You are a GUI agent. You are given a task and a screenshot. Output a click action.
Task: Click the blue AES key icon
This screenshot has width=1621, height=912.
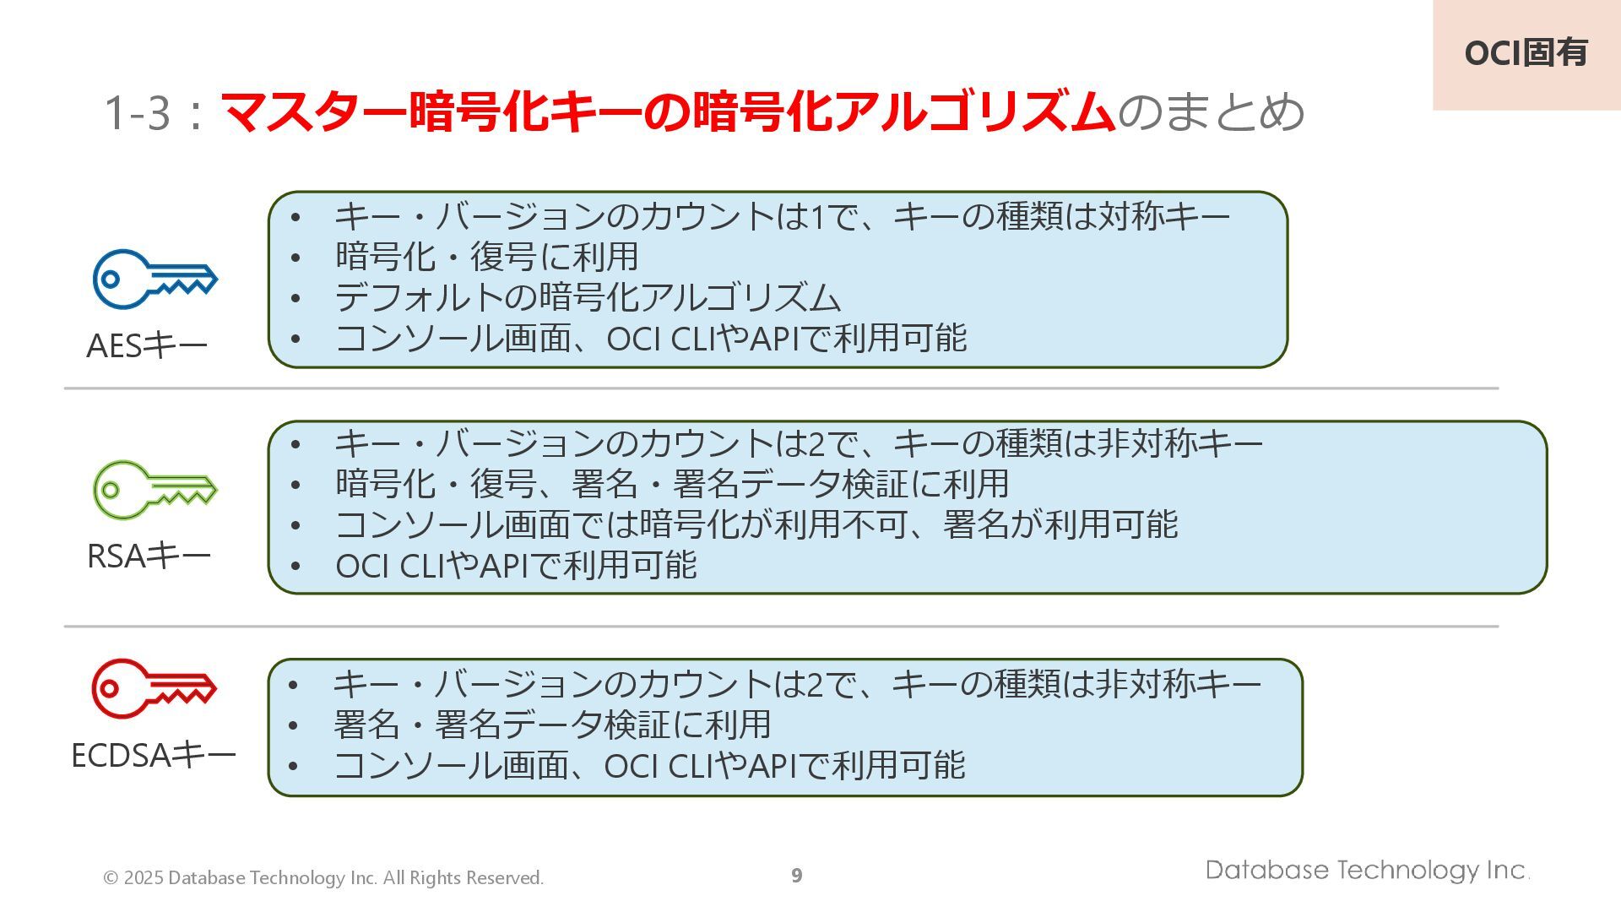pos(155,279)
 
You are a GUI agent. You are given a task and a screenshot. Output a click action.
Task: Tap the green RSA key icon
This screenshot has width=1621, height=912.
pos(155,489)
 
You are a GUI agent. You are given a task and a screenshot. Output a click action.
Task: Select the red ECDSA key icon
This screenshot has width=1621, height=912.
pos(154,688)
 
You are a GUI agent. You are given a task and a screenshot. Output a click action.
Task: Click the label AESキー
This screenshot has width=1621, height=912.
pos(147,346)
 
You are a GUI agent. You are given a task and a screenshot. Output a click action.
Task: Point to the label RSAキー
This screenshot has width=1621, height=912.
pos(149,556)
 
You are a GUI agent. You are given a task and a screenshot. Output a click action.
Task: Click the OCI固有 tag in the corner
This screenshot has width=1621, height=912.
pos(1526,53)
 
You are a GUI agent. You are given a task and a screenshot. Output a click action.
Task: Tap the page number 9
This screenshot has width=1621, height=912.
pos(796,876)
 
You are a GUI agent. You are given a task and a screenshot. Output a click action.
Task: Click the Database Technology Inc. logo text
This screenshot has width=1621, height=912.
pos(1367,871)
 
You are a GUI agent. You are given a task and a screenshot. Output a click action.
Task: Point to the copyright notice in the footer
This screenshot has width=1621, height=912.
pos(323,878)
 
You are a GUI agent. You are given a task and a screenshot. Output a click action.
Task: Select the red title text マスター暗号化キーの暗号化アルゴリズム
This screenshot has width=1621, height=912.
pos(667,113)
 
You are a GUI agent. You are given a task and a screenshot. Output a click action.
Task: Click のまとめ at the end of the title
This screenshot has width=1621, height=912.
pos(1211,113)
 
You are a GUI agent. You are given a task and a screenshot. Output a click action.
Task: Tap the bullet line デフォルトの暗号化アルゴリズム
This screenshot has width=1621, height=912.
pos(588,298)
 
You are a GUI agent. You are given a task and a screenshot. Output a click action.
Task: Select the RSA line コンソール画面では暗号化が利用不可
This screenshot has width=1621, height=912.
pos(756,525)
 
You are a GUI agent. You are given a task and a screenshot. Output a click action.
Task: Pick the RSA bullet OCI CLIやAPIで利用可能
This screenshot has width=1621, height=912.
pos(516,566)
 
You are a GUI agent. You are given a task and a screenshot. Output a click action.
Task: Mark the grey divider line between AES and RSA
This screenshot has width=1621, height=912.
pos(781,388)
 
